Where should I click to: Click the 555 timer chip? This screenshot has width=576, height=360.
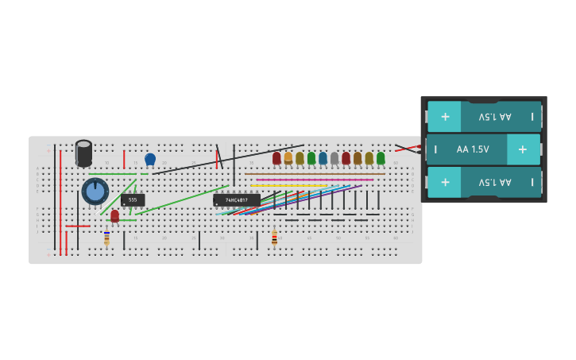pyautogui.click(x=133, y=199)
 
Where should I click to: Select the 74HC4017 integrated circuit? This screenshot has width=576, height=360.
pyautogui.click(x=236, y=199)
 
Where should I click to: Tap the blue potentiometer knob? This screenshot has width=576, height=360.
pyautogui.click(x=95, y=192)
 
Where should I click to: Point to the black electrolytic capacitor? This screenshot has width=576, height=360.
pyautogui.click(x=83, y=153)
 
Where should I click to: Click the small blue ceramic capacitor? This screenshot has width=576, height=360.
pyautogui.click(x=150, y=159)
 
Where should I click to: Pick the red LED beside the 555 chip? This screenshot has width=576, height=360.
pyautogui.click(x=114, y=215)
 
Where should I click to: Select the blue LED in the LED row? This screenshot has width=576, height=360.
pyautogui.click(x=323, y=158)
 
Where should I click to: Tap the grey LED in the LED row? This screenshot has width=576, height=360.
pyautogui.click(x=334, y=158)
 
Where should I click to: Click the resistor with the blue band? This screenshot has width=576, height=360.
pyautogui.click(x=106, y=238)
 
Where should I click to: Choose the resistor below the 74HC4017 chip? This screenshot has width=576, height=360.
pyautogui.click(x=274, y=238)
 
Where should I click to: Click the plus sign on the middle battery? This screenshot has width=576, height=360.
pyautogui.click(x=522, y=149)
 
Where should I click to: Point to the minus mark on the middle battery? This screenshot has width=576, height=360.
pyautogui.click(x=435, y=149)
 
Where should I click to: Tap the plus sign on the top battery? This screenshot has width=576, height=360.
pyautogui.click(x=445, y=116)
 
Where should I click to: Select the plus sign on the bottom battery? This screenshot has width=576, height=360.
pyautogui.click(x=445, y=182)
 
